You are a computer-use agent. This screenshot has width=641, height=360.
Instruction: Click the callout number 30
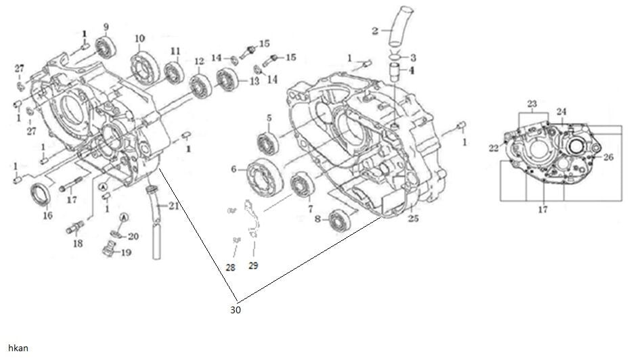[236, 310]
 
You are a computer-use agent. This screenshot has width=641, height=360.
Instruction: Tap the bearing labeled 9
[106, 47]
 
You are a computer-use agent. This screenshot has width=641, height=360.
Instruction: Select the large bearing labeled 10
[145, 68]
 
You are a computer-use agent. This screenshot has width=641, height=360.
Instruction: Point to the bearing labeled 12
[200, 86]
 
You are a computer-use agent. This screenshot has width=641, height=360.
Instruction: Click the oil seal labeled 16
[41, 194]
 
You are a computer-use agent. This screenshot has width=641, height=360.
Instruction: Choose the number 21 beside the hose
[174, 206]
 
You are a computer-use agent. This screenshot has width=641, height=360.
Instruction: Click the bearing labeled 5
[268, 144]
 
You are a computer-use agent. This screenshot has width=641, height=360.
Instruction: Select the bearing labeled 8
[339, 221]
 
